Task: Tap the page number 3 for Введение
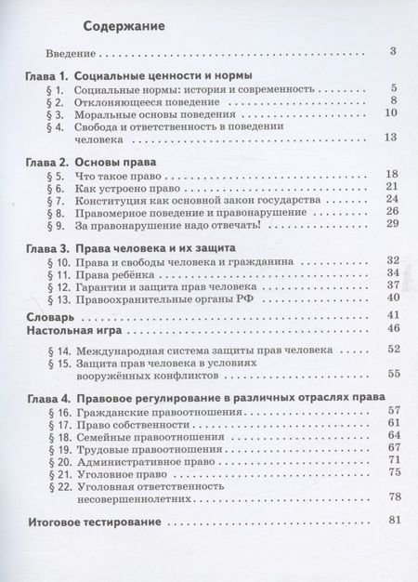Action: pyautogui.click(x=394, y=51)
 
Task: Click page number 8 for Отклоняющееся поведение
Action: pyautogui.click(x=394, y=100)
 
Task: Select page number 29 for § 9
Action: pyautogui.click(x=391, y=223)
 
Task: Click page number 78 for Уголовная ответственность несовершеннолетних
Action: pyautogui.click(x=391, y=496)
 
